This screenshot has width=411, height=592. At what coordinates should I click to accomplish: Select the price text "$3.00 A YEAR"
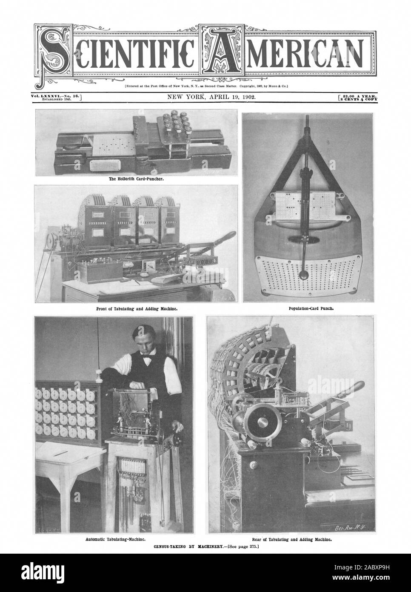(x=361, y=97)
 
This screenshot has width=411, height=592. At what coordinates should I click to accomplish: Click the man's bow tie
(x=147, y=358)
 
